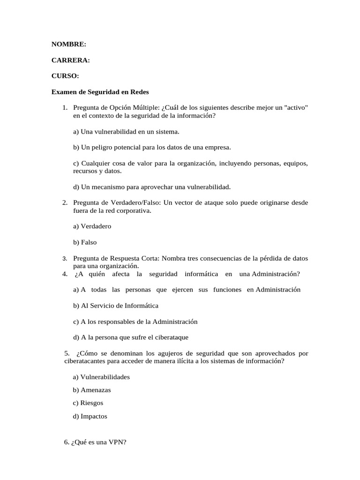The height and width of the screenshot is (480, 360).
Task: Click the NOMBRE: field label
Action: [68, 44]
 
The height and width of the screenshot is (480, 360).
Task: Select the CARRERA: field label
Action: [70, 60]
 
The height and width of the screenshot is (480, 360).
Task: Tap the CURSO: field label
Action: [65, 76]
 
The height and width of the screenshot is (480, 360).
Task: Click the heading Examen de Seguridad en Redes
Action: [100, 92]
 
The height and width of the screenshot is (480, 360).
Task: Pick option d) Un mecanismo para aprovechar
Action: [151, 187]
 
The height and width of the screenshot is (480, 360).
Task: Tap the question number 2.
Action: [65, 202]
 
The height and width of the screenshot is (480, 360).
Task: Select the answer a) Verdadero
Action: [92, 226]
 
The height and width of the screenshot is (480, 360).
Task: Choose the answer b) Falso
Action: [85, 242]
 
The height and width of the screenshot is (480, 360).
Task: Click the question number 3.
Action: [65, 259]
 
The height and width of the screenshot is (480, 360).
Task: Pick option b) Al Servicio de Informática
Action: [115, 306]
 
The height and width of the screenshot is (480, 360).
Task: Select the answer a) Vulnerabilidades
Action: [101, 377]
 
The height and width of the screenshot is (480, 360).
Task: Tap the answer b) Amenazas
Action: [92, 390]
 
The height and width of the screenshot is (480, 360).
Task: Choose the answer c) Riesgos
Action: [88, 403]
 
